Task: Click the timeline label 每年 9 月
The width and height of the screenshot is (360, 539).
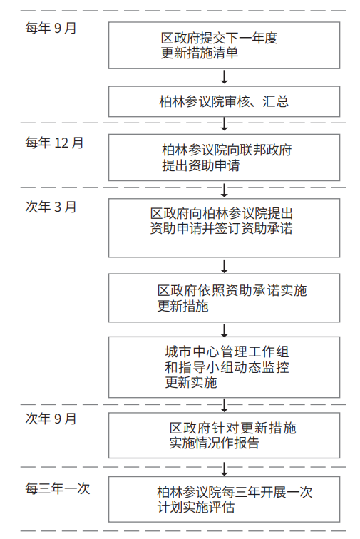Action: point(51,28)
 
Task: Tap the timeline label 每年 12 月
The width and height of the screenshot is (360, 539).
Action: point(54,143)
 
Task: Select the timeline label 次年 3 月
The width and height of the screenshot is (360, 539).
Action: point(51,207)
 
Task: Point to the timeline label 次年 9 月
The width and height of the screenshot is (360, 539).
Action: point(51,419)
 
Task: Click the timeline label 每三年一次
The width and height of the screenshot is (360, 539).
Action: point(58,488)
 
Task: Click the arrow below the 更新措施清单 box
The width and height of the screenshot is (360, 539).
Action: point(224,77)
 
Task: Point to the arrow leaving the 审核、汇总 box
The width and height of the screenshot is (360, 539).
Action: point(224,125)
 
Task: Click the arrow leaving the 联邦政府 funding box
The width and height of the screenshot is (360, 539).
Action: point(224,190)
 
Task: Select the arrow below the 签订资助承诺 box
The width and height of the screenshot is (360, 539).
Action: point(224,265)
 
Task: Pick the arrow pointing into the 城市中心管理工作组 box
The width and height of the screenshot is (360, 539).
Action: point(224,329)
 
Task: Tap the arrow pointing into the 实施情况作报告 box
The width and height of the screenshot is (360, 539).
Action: point(224,405)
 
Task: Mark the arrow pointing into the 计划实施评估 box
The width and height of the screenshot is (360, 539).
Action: point(224,468)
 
